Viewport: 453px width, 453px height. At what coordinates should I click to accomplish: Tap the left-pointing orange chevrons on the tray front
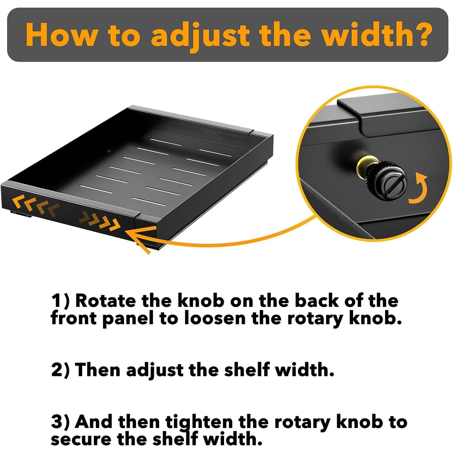[x=35, y=206]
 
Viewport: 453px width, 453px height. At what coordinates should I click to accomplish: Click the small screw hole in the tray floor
[x=109, y=150]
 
